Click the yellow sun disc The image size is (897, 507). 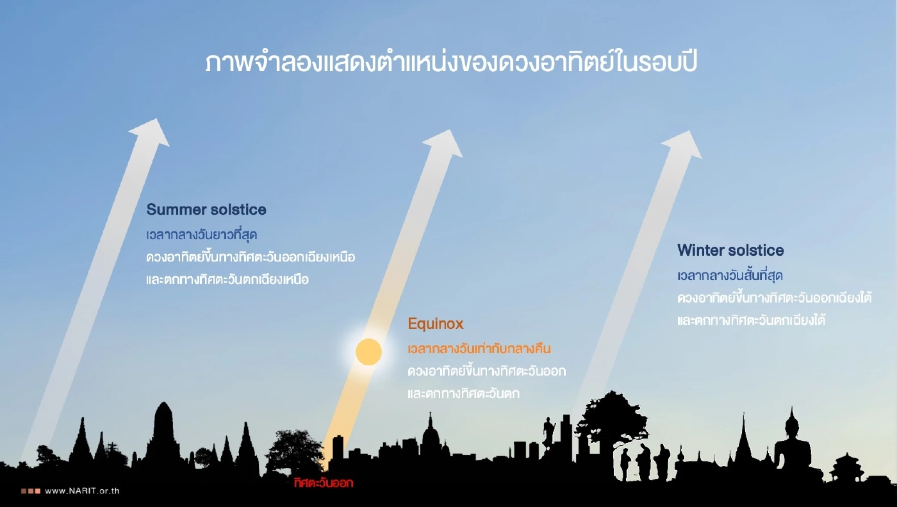368,352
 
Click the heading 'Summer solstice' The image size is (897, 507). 206,210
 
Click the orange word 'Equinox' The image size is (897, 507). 435,324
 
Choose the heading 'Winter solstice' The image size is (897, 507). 730,250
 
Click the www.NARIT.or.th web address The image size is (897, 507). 83,491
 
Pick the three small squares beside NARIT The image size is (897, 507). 31,491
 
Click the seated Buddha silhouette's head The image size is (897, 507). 793,424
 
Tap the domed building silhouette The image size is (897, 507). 430,436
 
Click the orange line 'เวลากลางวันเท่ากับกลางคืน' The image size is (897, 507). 479,349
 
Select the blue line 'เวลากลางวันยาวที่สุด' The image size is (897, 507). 201,235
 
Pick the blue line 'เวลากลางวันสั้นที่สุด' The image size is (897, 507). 730,276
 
